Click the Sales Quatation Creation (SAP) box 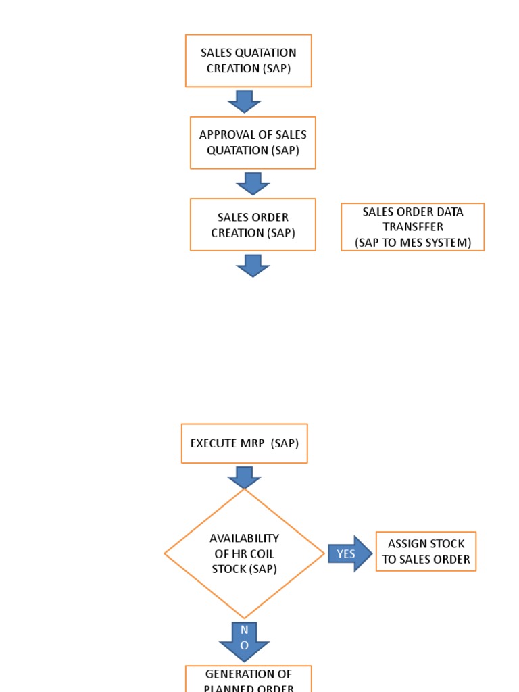(248, 61)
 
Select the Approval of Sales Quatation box (253, 143)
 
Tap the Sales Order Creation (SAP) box (253, 224)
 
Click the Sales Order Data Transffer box (412, 227)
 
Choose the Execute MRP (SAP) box (244, 443)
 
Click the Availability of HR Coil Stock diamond (244, 553)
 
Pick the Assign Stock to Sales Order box (426, 551)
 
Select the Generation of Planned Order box (248, 679)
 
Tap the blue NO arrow (244, 641)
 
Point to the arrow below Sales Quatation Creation (244, 101)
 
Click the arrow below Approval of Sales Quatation (253, 183)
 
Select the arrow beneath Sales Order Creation (253, 265)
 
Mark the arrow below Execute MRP (244, 477)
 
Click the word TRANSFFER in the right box (413, 227)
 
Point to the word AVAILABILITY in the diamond (244, 539)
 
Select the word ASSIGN (405, 544)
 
